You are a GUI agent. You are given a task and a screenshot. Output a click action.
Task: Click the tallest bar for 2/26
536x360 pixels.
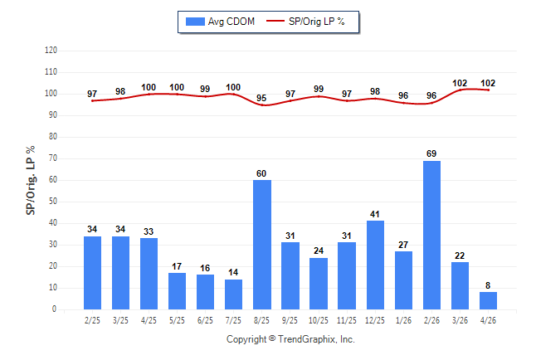click(x=431, y=236)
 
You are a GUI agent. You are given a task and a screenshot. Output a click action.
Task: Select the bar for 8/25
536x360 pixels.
click(x=262, y=245)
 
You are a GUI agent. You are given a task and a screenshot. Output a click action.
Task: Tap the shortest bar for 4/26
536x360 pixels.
click(x=488, y=300)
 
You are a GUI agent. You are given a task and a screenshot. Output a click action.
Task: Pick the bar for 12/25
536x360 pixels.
click(x=375, y=265)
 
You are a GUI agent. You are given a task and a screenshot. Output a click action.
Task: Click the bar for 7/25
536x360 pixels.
click(x=233, y=294)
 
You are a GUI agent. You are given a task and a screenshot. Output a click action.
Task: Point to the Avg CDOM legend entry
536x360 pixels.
click(x=220, y=22)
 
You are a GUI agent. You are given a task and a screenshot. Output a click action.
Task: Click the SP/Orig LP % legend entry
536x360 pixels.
click(x=305, y=22)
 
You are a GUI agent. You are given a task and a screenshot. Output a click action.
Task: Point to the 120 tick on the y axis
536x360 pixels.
click(x=51, y=51)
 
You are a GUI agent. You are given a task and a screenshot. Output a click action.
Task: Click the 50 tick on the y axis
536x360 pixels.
click(x=52, y=202)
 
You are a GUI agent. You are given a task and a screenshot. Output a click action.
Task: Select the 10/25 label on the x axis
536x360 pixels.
click(x=319, y=320)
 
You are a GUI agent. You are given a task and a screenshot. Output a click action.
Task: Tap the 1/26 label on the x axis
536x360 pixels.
click(x=403, y=320)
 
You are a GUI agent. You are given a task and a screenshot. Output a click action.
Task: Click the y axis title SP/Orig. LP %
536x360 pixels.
click(x=31, y=180)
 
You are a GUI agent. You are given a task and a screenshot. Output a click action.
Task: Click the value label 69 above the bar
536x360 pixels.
click(x=431, y=153)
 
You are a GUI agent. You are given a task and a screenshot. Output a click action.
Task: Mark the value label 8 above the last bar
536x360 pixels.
click(x=488, y=285)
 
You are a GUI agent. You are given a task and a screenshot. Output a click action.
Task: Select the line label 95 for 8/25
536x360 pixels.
click(x=261, y=98)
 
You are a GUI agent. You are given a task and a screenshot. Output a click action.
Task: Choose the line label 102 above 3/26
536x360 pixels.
click(x=460, y=83)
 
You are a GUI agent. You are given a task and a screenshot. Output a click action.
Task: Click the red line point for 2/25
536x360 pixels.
click(x=92, y=101)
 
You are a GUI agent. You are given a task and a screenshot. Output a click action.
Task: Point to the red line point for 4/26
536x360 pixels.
click(x=488, y=90)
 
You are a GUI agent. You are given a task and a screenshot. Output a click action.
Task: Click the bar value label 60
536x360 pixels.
click(x=261, y=173)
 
